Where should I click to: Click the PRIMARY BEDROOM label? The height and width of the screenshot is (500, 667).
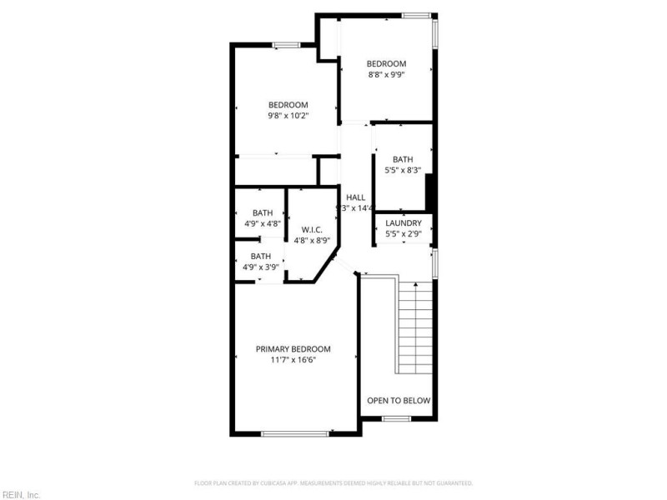[293, 349]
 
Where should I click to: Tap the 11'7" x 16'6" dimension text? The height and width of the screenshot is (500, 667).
[293, 360]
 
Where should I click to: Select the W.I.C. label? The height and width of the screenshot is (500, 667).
[312, 229]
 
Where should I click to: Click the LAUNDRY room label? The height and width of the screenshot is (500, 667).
[403, 223]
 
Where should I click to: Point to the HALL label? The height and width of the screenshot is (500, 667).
[356, 197]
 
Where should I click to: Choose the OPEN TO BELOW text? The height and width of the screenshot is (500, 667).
[399, 401]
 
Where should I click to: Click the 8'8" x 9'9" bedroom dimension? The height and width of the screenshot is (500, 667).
[386, 75]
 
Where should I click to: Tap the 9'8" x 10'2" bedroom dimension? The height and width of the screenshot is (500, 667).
[288, 116]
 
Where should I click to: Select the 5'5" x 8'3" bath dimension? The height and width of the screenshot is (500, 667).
[403, 171]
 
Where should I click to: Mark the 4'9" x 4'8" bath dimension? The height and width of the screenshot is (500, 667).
[261, 223]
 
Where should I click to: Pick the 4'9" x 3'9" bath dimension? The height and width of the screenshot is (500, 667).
[261, 267]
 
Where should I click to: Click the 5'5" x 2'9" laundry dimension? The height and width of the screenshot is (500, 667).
[403, 234]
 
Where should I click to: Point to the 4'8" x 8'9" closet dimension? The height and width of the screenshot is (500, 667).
[313, 240]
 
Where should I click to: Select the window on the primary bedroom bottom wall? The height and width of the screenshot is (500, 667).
[294, 433]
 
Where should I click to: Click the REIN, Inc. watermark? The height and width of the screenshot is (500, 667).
[21, 494]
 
